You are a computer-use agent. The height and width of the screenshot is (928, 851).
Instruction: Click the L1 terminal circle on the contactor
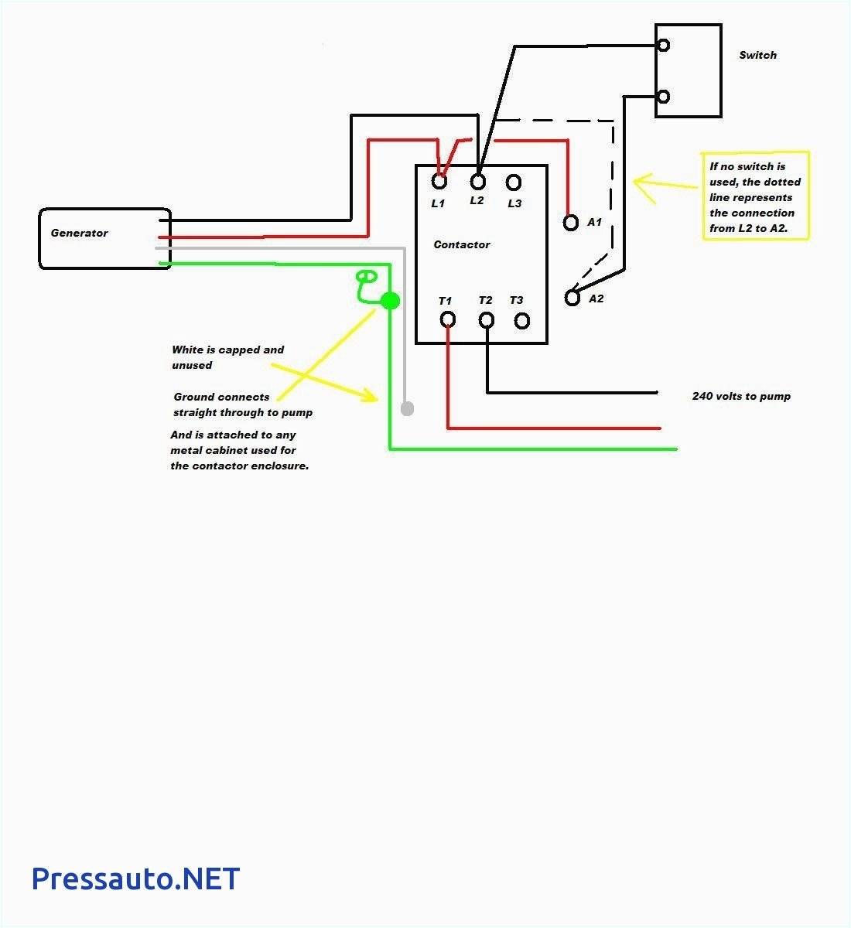(x=439, y=182)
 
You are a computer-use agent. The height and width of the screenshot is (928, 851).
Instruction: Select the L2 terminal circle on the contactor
(x=478, y=181)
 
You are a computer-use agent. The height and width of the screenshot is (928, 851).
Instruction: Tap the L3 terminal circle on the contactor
(x=514, y=183)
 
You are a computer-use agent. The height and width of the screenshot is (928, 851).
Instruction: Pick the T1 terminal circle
(x=447, y=319)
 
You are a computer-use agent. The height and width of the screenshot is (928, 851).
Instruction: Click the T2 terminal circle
(x=487, y=319)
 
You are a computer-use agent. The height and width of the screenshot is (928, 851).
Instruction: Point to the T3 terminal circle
(x=522, y=320)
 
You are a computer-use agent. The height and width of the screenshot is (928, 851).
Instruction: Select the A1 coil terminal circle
(x=571, y=223)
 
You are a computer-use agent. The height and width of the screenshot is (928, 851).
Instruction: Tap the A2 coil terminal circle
(x=572, y=298)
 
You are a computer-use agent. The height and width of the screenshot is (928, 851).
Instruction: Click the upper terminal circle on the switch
(x=663, y=46)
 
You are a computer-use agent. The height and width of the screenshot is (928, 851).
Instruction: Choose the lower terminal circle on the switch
(x=663, y=97)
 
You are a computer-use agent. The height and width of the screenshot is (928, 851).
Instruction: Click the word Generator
(x=80, y=233)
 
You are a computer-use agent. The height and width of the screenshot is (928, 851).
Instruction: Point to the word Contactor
(x=462, y=244)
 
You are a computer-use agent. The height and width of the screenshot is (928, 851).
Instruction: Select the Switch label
(x=757, y=55)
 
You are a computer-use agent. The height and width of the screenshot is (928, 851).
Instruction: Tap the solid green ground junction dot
(x=391, y=301)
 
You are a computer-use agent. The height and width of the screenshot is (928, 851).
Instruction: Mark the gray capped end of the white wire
(x=407, y=408)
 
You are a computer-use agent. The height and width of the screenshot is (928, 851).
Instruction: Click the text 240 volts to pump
(x=741, y=396)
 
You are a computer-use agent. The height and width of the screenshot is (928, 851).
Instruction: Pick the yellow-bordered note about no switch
(x=755, y=196)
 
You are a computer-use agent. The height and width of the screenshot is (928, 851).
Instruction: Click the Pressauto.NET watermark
(x=135, y=879)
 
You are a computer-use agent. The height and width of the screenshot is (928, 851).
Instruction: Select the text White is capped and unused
(x=227, y=357)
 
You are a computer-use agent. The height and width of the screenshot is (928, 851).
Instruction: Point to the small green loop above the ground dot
(x=366, y=276)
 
